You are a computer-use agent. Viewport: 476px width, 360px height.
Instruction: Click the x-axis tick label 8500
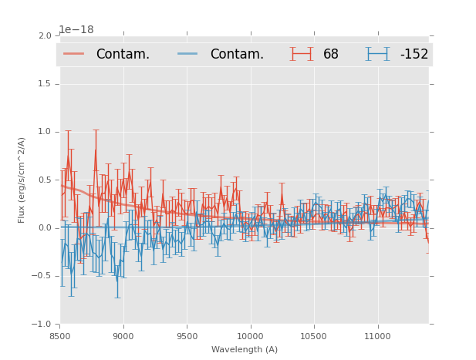coord(60,336)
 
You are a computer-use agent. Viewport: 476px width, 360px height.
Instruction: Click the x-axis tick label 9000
coord(123,336)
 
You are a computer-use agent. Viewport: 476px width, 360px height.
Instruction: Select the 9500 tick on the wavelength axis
coord(187,336)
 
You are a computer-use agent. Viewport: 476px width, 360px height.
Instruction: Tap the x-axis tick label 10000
coord(250,336)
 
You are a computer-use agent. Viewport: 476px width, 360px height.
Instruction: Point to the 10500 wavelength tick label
coord(313,336)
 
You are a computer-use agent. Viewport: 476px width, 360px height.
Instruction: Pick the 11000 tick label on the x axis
coord(376,336)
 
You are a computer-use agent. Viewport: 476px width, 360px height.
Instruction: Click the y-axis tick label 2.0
coord(44,35)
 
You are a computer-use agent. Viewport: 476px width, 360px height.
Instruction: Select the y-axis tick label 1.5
coord(44,83)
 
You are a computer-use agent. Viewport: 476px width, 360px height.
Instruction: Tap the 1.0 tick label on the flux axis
coord(44,132)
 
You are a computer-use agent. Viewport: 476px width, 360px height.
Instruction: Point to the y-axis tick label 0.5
coord(44,180)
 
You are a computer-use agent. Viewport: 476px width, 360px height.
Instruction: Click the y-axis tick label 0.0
coord(44,228)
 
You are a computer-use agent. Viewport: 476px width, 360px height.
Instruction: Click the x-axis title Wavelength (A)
coord(244,350)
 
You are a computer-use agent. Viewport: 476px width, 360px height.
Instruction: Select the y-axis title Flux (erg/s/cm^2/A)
coord(22,180)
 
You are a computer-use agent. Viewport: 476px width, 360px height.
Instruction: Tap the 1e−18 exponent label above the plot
coord(76,29)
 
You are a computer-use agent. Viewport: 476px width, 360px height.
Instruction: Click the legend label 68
coord(331,54)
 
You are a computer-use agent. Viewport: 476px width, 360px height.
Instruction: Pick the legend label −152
coord(414,54)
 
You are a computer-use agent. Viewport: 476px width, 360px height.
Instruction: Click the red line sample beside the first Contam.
coord(75,54)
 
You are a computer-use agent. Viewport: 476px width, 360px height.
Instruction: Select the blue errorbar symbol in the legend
coord(378,54)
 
